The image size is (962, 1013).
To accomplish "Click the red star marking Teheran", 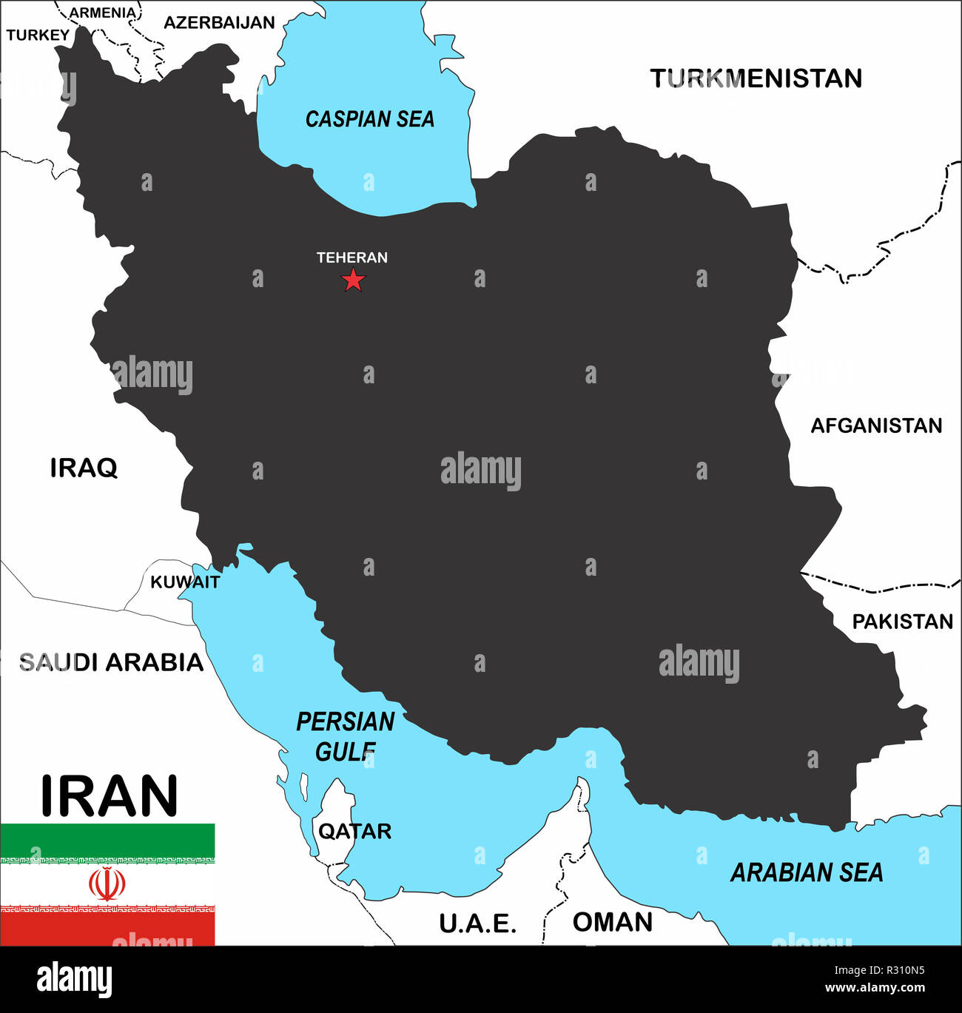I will tap(354, 280).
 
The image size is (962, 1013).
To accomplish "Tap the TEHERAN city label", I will tap(352, 258).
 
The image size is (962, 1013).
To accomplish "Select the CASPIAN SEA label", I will tap(369, 119).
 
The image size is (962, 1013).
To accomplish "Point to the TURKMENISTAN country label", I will tap(756, 78).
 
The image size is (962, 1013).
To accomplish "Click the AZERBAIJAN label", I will tap(219, 23).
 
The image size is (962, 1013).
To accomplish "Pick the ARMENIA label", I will tap(103, 13).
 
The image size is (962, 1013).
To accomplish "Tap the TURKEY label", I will tap(38, 35).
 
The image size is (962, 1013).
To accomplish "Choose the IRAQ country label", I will tap(84, 468).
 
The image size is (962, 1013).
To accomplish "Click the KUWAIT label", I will tap(185, 582).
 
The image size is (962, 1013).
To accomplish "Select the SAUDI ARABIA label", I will tap(111, 662).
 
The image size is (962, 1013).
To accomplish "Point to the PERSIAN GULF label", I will tap(346, 736).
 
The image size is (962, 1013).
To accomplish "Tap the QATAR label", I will tap(354, 831).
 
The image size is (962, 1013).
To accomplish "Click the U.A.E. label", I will tap(477, 923).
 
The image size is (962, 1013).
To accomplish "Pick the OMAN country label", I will tap(613, 922).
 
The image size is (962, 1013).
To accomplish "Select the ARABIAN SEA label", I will tap(807, 873).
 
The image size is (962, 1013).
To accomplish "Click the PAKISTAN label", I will tap(902, 622).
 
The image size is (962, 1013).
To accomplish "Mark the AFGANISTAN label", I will tap(876, 425).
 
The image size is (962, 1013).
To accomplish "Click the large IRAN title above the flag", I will tap(110, 796).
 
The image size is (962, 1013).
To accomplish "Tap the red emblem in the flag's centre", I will tap(107, 884).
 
